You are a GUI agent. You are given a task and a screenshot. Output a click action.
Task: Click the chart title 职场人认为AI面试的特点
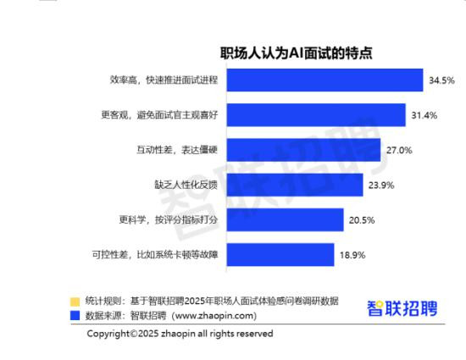click(x=296, y=53)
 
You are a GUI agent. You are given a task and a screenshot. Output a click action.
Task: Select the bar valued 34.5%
click(x=325, y=80)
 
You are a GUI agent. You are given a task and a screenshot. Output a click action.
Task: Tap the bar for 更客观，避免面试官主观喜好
click(x=316, y=115)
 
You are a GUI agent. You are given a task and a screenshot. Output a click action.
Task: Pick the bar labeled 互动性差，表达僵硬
click(x=303, y=150)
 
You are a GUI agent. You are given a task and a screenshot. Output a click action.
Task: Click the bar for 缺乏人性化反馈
click(x=295, y=185)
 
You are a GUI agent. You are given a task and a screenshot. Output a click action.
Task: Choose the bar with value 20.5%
click(x=286, y=219)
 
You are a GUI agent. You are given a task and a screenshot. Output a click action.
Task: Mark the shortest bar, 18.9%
click(x=280, y=255)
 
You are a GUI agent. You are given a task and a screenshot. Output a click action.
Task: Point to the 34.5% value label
click(x=441, y=80)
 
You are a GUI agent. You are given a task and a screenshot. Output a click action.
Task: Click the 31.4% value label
click(x=424, y=115)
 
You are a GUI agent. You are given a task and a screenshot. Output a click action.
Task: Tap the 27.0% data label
click(x=399, y=150)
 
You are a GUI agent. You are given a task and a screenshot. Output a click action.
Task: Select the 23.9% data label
click(x=381, y=186)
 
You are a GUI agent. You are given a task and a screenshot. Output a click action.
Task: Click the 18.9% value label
click(x=352, y=255)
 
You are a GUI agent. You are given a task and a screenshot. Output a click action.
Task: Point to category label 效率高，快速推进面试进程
click(x=164, y=80)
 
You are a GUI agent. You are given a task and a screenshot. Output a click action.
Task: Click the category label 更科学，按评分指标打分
click(x=169, y=219)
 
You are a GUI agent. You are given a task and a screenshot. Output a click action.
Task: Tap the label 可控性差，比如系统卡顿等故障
click(x=155, y=255)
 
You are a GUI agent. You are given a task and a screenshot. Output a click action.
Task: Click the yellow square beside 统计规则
click(x=75, y=302)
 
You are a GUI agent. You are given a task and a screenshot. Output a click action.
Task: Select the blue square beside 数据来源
click(x=75, y=316)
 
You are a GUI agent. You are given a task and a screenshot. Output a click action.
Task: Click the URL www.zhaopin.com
click(x=214, y=316)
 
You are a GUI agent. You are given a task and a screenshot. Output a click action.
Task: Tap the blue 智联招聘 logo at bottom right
click(x=402, y=308)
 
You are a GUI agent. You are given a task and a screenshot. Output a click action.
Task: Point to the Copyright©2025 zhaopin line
click(x=180, y=334)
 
